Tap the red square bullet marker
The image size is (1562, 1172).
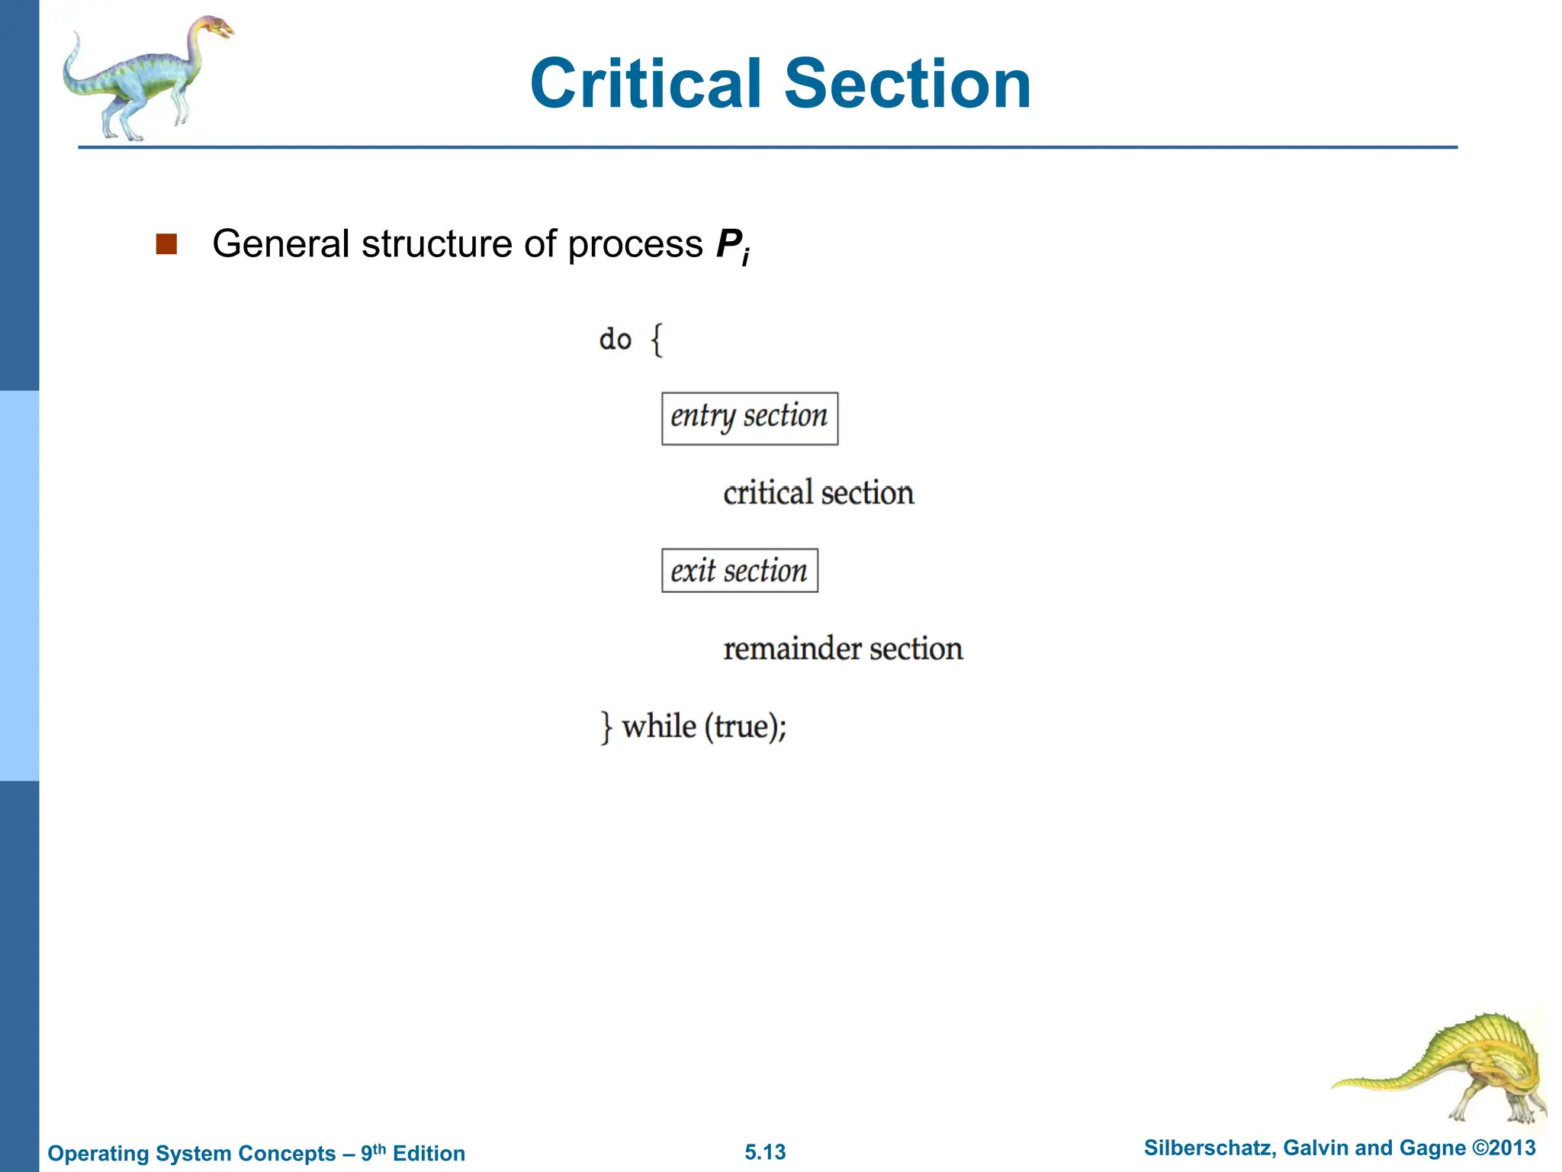tap(166, 244)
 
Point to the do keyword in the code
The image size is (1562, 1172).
tap(615, 340)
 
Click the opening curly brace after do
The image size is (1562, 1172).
tap(657, 340)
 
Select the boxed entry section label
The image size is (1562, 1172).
tap(749, 418)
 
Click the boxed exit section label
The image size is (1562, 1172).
tap(739, 571)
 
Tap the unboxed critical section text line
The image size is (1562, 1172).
tap(818, 494)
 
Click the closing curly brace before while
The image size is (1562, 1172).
tap(606, 726)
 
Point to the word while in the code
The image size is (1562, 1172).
tap(659, 726)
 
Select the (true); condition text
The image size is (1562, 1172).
tap(745, 726)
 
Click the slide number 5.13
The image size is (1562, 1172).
tap(765, 1152)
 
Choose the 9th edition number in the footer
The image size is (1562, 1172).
tap(373, 1152)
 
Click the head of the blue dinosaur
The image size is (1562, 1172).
tap(215, 29)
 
